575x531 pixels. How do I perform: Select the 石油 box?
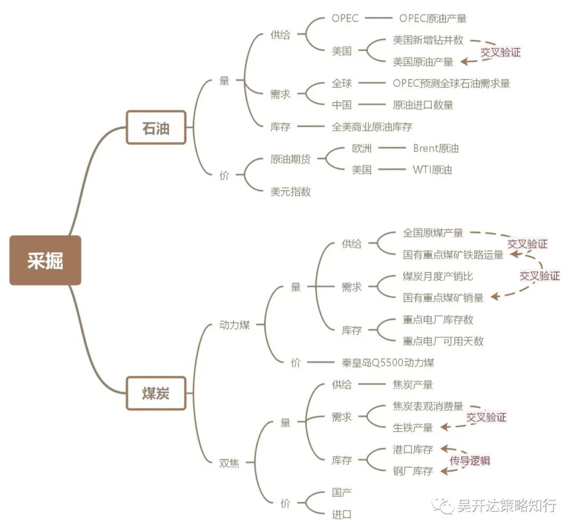(156, 127)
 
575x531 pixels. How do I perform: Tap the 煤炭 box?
(156, 393)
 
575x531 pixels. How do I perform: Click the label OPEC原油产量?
(433, 19)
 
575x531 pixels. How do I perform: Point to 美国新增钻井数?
(428, 40)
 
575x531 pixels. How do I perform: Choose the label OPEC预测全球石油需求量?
(451, 83)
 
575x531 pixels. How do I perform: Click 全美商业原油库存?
(372, 127)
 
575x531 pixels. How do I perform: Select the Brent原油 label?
(436, 148)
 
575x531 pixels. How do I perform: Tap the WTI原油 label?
(432, 170)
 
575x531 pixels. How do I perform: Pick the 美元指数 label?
(290, 192)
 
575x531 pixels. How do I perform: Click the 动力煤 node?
(235, 325)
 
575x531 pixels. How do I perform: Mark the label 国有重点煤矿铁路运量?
(453, 255)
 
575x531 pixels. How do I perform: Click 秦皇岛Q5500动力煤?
(388, 363)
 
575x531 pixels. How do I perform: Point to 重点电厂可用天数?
(443, 341)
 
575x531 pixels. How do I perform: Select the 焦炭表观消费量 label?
(428, 406)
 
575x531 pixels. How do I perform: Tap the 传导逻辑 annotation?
(470, 461)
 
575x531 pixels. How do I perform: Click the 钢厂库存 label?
(413, 471)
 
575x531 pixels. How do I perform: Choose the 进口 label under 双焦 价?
(341, 514)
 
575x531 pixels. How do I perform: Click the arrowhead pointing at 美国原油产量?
(463, 62)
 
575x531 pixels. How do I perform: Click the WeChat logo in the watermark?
(442, 505)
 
